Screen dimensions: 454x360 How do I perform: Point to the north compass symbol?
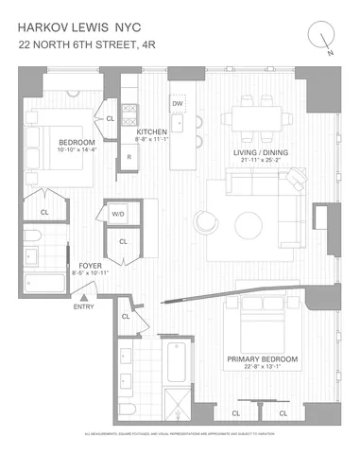[x=323, y=36]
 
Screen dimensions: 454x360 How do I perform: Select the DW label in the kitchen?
[x=177, y=103]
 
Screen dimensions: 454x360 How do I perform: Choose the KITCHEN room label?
[x=152, y=131]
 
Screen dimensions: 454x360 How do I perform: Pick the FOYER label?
[x=90, y=266]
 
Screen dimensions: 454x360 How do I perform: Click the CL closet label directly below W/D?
[x=124, y=243]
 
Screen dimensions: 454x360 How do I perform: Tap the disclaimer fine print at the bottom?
[x=180, y=433]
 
